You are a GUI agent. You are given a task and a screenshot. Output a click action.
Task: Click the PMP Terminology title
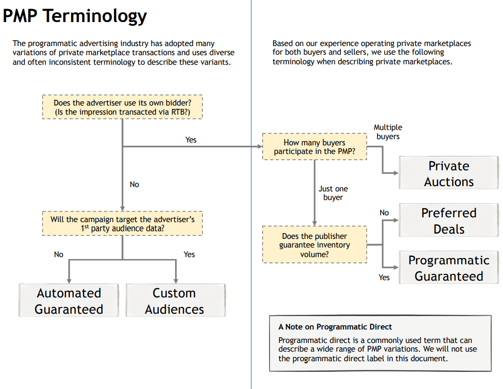point(75,16)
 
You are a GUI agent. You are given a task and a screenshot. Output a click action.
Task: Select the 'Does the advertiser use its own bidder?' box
point(122,107)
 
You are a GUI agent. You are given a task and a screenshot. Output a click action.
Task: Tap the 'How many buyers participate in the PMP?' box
point(314,147)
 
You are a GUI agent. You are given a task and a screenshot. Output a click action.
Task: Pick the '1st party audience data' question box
point(122,224)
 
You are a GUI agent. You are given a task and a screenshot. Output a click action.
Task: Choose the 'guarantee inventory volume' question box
point(315,245)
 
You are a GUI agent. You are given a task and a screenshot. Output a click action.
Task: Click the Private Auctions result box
point(449,174)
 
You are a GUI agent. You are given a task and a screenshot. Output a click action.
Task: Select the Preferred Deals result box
point(449,221)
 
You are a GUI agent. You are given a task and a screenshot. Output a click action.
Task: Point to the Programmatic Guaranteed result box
point(449,268)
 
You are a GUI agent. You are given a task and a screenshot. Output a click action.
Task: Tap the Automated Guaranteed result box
point(69,301)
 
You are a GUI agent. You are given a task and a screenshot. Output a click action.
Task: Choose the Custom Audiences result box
point(175,301)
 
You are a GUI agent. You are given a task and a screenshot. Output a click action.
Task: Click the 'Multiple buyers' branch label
point(388,132)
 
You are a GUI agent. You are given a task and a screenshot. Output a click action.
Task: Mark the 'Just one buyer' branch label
point(333,193)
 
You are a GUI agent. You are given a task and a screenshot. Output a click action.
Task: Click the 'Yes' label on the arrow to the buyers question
point(191,140)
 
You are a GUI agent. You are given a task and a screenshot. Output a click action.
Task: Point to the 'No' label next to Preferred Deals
point(384,212)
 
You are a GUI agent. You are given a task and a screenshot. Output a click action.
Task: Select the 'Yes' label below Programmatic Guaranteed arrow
point(384,277)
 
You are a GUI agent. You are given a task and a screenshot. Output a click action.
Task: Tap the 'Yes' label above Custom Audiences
point(189,254)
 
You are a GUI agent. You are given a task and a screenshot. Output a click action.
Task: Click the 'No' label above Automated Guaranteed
point(58,254)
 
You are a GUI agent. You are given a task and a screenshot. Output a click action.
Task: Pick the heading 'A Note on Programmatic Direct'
point(335,327)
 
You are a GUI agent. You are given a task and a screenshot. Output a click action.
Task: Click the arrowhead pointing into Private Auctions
point(396,173)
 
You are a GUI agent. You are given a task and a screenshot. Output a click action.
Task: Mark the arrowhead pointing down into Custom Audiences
point(175,280)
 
